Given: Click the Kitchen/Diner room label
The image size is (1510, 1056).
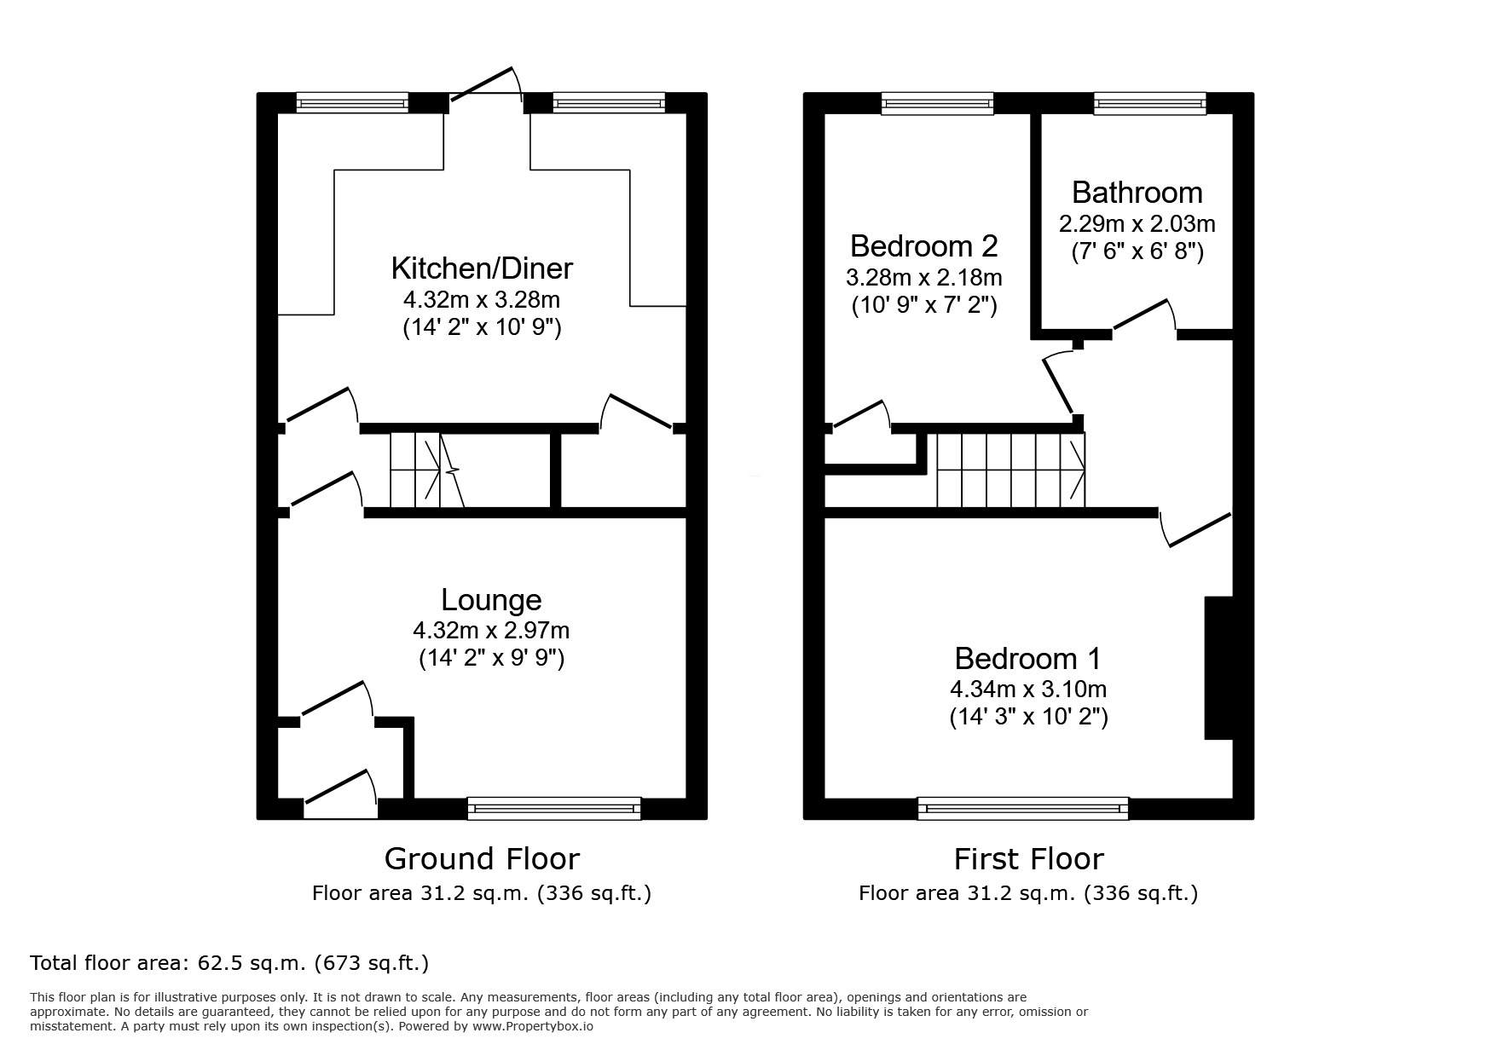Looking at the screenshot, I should point(482,268).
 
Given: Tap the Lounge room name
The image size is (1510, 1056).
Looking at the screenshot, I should point(491,600).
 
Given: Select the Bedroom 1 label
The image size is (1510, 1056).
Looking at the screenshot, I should point(1027,659).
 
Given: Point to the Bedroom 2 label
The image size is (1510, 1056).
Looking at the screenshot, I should point(923,246).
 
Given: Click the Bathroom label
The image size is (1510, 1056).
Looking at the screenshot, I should point(1137,193).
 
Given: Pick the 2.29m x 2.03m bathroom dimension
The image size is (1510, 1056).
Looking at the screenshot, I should point(1137,224).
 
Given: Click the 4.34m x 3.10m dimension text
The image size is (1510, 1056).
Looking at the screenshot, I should point(1028,689).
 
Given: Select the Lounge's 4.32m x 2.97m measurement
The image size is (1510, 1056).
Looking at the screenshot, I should point(491,631).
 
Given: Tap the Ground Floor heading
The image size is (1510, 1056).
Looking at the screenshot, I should point(482,858).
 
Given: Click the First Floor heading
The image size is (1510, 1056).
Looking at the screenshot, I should point(1028,858).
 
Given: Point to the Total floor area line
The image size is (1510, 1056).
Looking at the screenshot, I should point(229,963).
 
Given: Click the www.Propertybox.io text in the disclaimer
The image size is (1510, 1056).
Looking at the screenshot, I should point(533,1027).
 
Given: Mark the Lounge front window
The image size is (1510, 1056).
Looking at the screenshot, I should point(553,808).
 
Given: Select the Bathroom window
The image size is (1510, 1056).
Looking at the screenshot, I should point(1150,103).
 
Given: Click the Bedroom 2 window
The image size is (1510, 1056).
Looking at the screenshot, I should point(937,103).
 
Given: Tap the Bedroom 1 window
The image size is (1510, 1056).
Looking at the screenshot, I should point(1022,808).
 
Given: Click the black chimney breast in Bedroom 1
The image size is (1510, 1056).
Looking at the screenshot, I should point(1218,667).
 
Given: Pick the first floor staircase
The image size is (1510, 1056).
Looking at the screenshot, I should point(1011,470).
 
